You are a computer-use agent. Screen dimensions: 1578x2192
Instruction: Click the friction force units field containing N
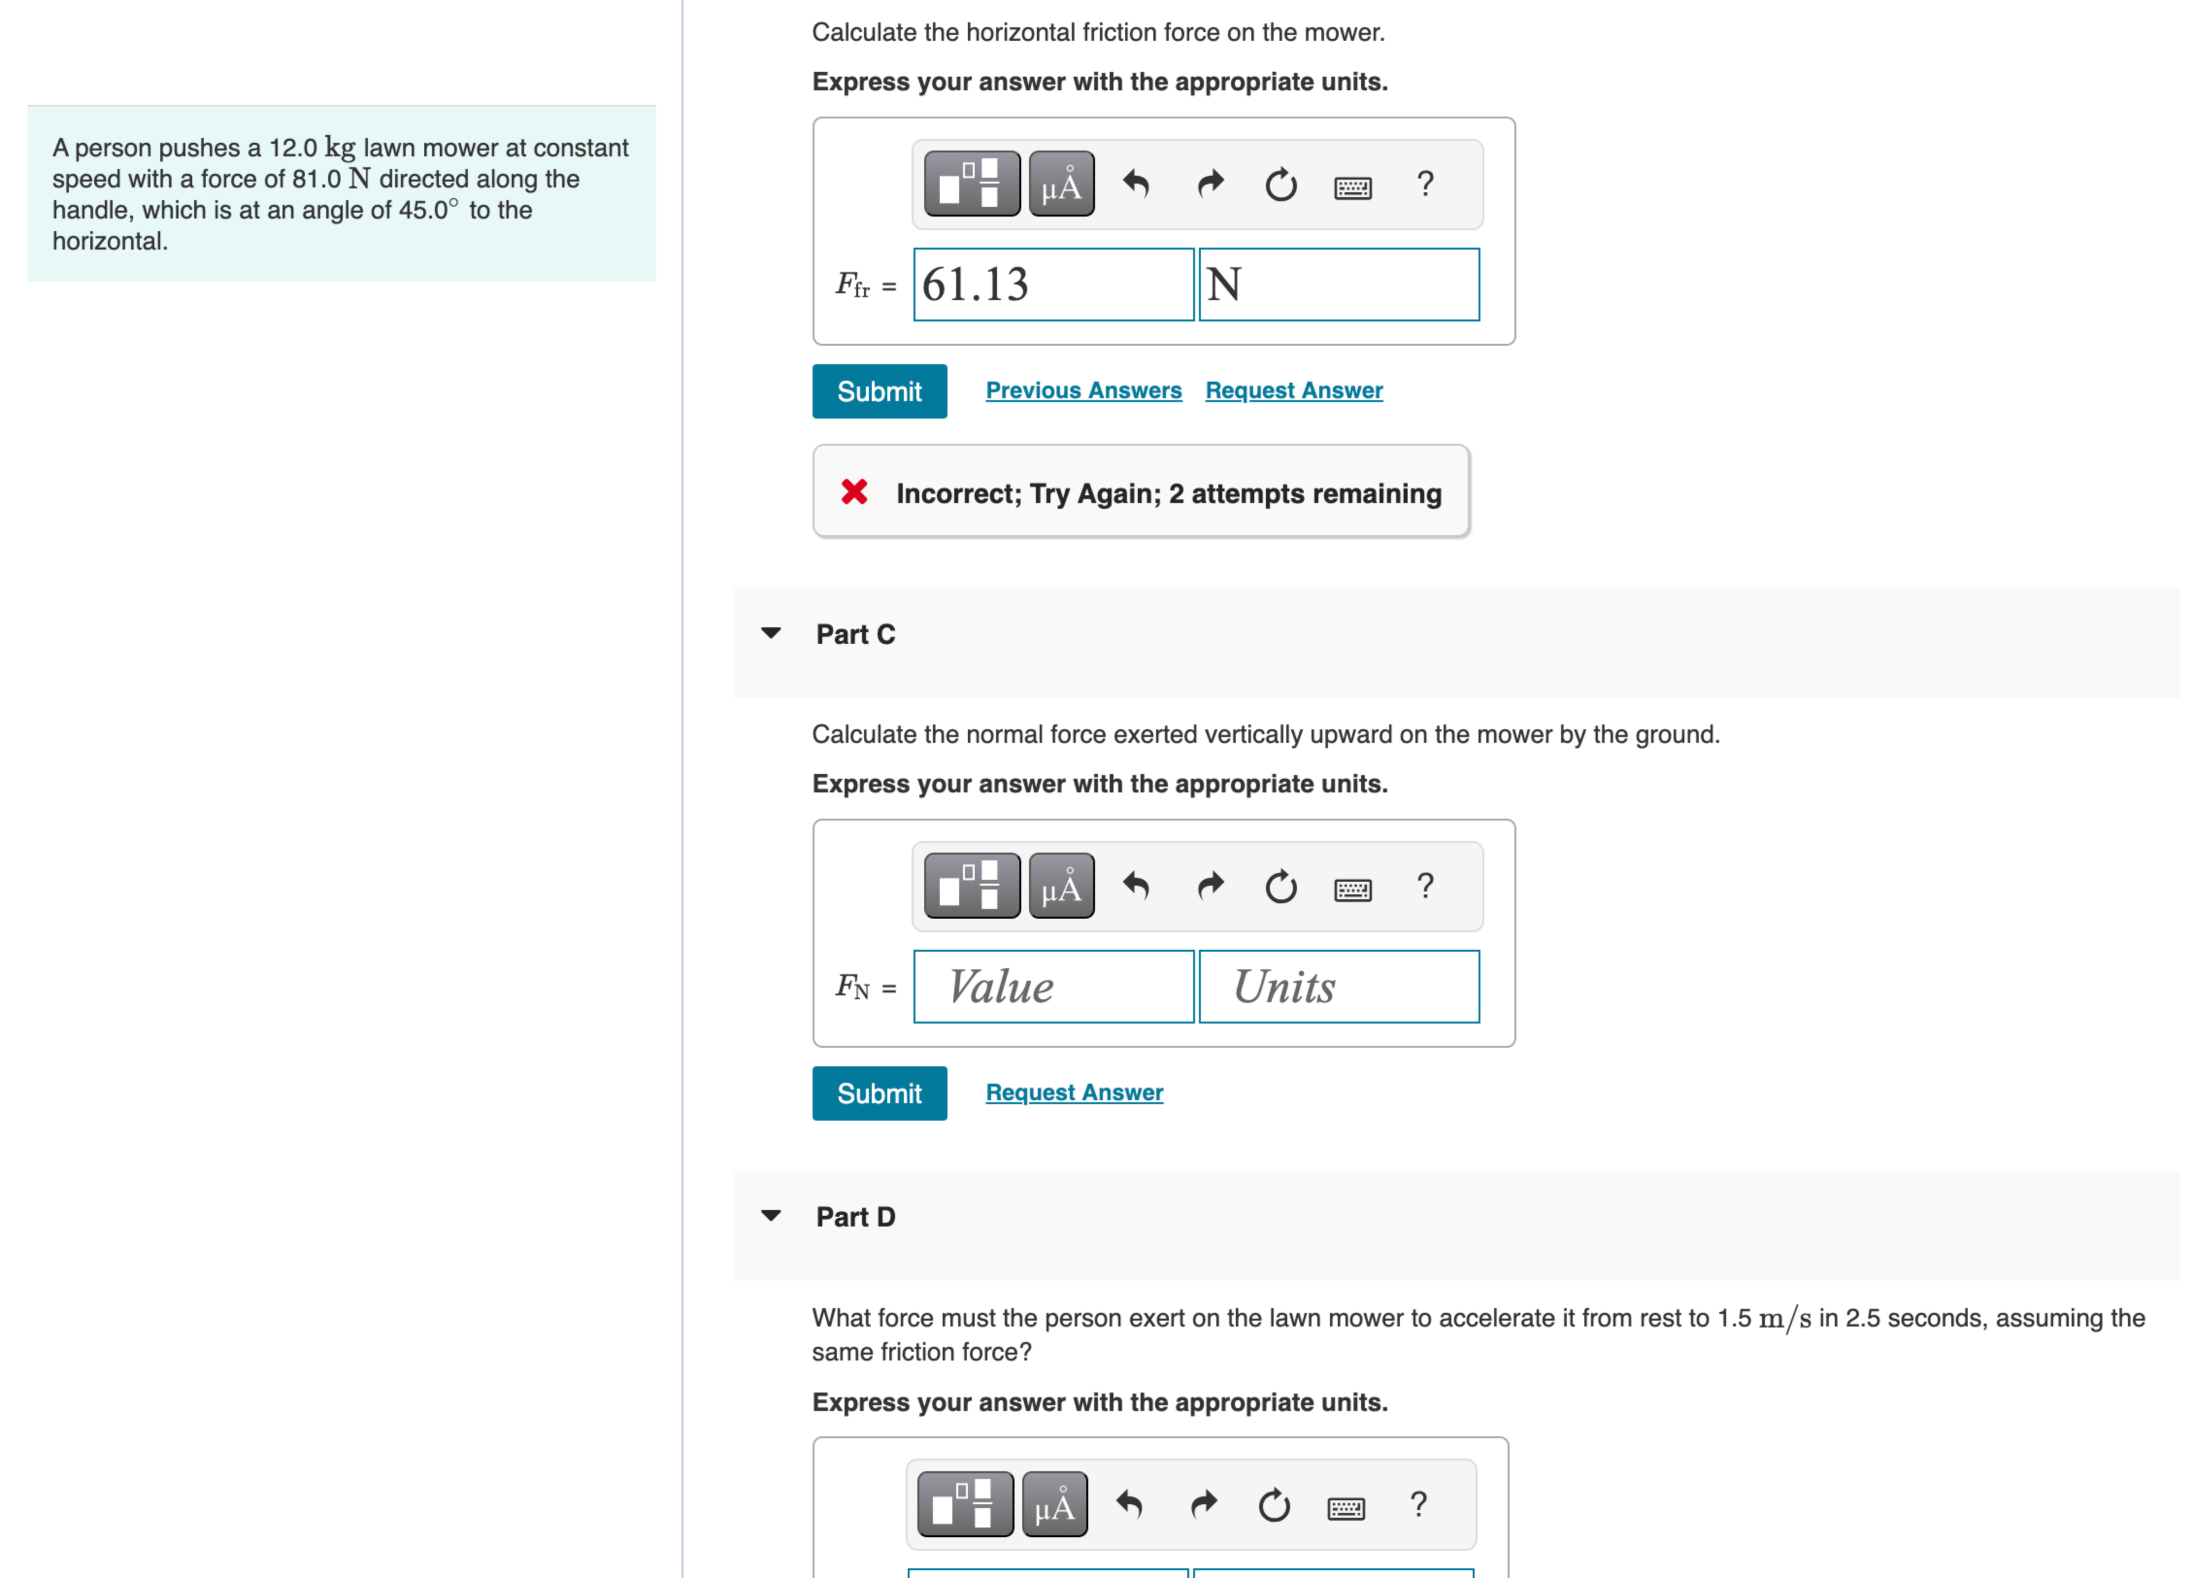[1339, 284]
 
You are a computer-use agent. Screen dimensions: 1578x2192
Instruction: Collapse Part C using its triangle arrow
[770, 633]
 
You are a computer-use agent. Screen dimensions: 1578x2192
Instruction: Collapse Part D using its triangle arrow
[770, 1215]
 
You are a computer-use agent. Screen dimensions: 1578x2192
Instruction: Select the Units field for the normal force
[1339, 986]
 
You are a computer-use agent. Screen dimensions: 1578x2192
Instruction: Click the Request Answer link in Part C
[1074, 1092]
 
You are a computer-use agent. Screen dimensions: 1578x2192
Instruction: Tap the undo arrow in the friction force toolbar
[1136, 184]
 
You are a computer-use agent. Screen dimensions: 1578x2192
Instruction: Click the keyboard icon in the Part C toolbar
[1352, 888]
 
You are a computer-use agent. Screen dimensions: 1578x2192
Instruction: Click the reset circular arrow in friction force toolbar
[1280, 184]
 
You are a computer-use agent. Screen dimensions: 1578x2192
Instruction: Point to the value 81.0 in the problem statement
[316, 179]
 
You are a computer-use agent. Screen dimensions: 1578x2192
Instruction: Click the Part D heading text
[855, 1216]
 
